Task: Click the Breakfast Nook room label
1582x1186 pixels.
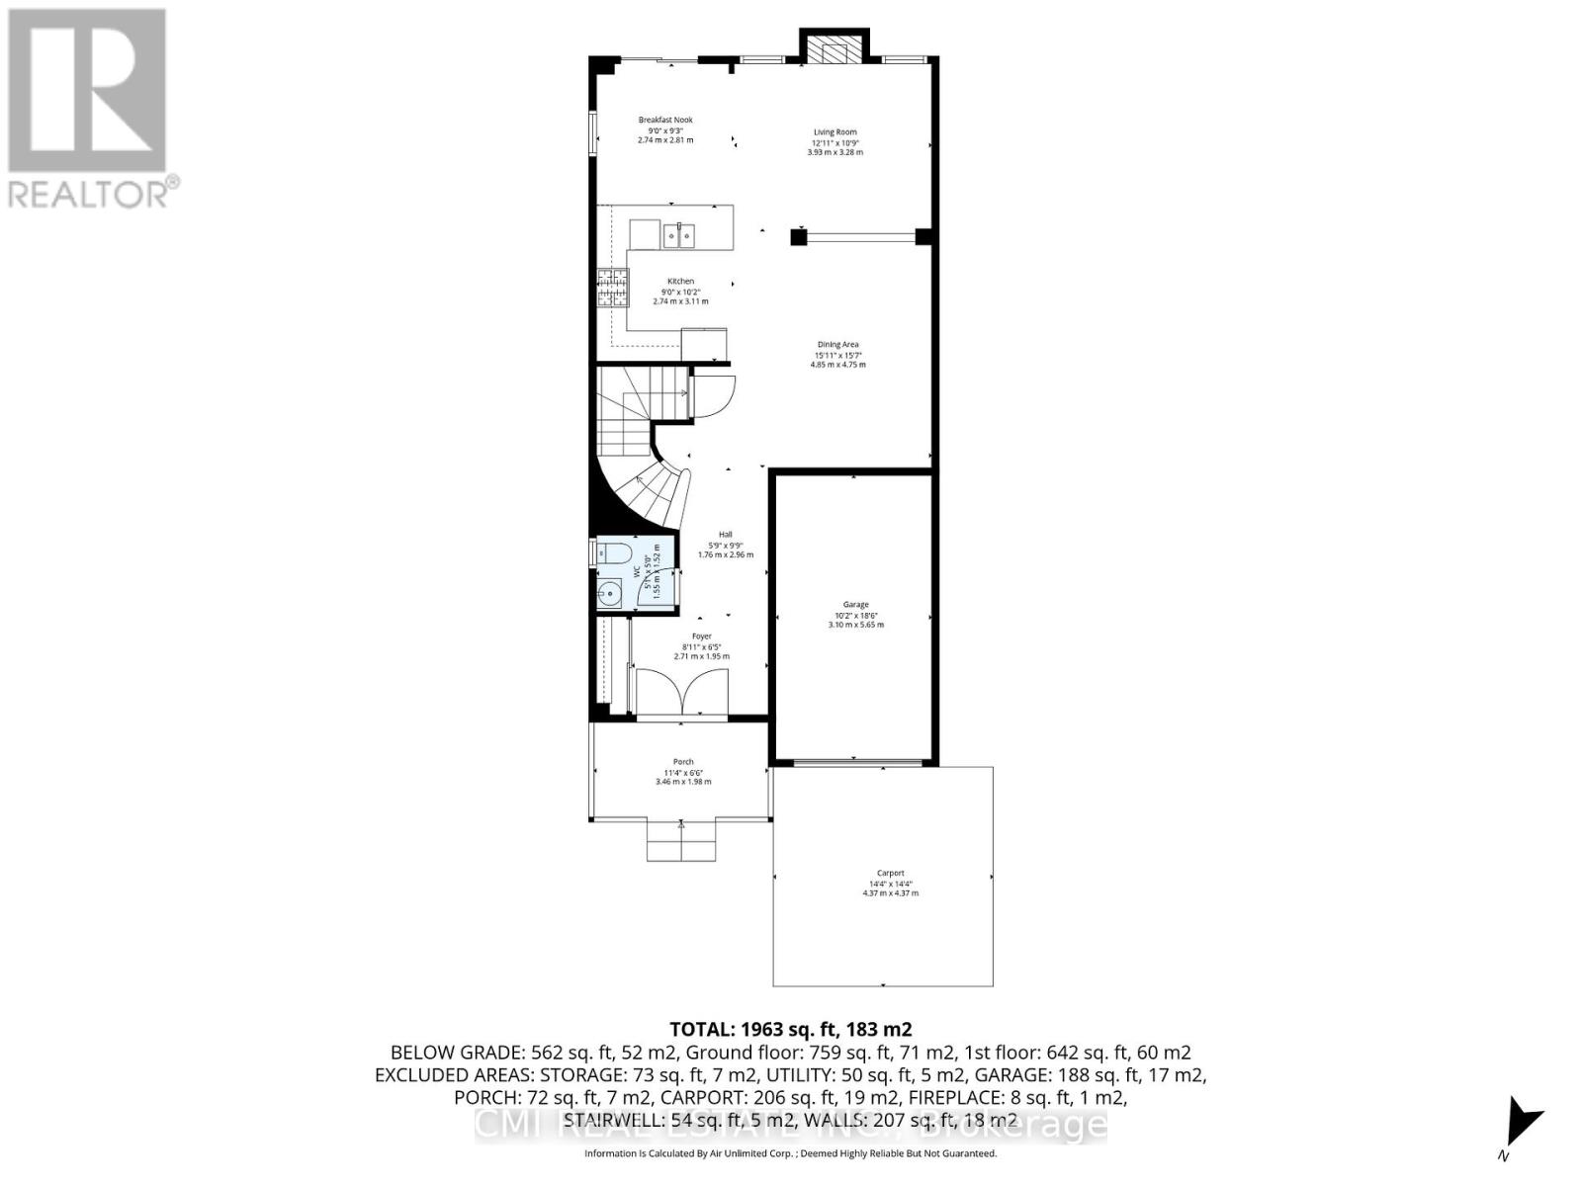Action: [x=665, y=120]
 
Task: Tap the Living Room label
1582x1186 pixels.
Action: [x=835, y=131]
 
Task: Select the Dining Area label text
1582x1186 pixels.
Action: [x=837, y=344]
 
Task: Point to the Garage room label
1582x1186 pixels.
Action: [x=855, y=604]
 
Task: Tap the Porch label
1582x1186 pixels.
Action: [x=682, y=762]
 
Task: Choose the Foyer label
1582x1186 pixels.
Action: [x=701, y=636]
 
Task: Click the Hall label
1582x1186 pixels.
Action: [x=725, y=534]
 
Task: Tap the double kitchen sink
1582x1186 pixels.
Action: [x=678, y=234]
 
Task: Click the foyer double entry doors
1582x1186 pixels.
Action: [x=682, y=691]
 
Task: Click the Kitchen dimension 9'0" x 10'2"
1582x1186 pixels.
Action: [x=680, y=292]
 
